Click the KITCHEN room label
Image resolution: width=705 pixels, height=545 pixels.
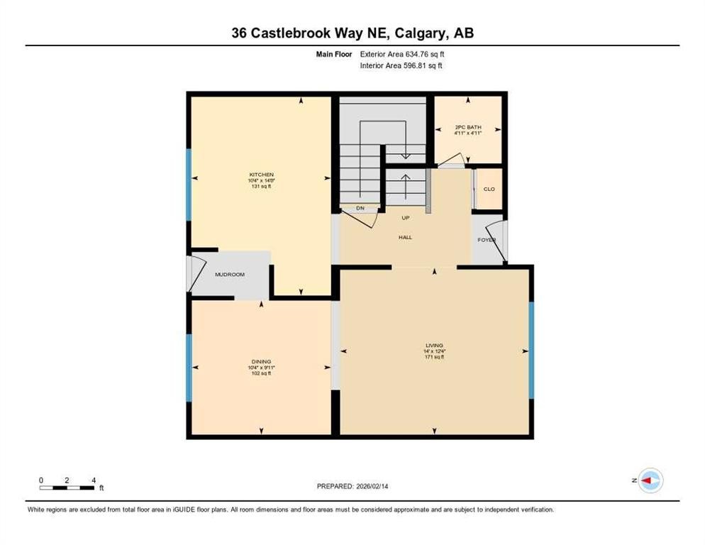point(261,175)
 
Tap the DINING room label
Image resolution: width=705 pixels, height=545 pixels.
point(261,361)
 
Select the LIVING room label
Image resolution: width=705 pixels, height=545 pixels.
point(435,346)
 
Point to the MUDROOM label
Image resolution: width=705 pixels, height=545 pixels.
point(230,275)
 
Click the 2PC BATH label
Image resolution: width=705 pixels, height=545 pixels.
point(468,128)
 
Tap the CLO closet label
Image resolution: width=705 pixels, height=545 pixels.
point(489,189)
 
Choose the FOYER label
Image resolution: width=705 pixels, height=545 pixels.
point(486,240)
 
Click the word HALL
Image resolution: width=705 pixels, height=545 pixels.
point(405,237)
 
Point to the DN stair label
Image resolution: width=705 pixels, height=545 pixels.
point(360,208)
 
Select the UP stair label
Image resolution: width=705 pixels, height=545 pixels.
point(406,218)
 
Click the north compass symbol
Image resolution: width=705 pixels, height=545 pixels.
point(650,481)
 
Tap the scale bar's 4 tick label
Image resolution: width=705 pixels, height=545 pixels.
point(93,480)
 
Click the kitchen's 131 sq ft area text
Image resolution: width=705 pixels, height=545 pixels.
point(261,187)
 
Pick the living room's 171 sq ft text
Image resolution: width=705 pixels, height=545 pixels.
point(435,357)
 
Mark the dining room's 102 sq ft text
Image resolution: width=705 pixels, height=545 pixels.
point(261,373)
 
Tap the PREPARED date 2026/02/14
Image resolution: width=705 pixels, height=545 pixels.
point(378,486)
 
